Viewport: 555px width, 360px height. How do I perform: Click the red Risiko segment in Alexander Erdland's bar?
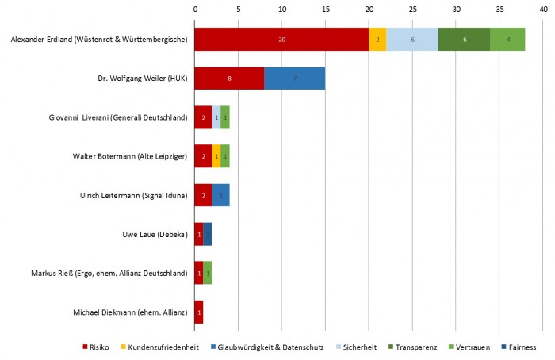click(x=281, y=39)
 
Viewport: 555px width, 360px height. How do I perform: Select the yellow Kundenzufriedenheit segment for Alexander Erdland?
click(x=377, y=39)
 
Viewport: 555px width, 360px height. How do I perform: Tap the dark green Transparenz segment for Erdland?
click(x=464, y=39)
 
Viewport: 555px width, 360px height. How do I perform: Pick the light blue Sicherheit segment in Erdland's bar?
click(x=412, y=39)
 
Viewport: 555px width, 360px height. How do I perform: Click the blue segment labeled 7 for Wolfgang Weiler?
click(x=295, y=79)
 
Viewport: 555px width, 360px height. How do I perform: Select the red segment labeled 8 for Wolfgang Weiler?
click(x=229, y=79)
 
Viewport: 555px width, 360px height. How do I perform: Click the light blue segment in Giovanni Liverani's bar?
click(x=216, y=117)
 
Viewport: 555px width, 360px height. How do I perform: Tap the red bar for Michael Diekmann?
click(x=199, y=312)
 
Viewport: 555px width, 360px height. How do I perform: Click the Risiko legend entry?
click(x=97, y=347)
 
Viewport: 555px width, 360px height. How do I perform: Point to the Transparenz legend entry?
click(x=413, y=347)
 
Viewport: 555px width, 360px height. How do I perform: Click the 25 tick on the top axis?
click(x=412, y=10)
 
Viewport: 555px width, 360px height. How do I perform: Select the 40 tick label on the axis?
click(x=542, y=10)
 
